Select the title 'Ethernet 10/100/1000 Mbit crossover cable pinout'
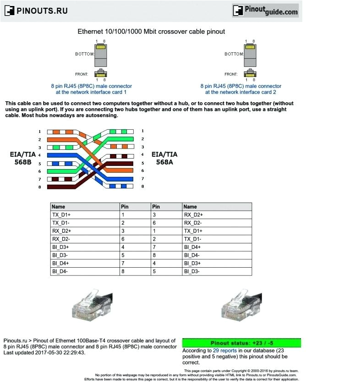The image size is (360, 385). click(151, 32)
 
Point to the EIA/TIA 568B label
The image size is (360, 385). click(23, 159)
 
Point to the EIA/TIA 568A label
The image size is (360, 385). click(164, 158)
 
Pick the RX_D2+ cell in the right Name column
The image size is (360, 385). click(193, 214)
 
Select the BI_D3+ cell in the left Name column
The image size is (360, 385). click(61, 247)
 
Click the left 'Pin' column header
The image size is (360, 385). click(125, 207)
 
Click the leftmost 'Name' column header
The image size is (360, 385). click(59, 207)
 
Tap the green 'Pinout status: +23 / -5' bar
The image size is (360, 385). click(241, 343)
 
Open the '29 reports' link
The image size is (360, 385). click(224, 350)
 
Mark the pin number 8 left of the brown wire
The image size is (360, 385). click(40, 187)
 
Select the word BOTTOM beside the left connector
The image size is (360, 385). click(84, 54)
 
